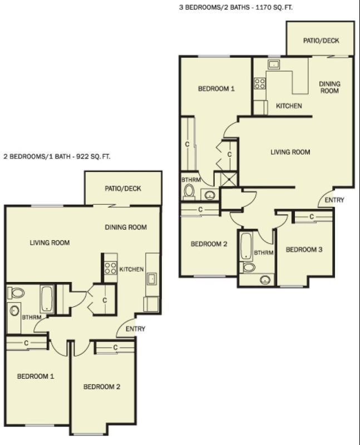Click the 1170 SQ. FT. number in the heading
click(x=274, y=8)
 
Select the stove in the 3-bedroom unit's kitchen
click(x=260, y=83)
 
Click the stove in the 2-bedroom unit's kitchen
click(x=110, y=268)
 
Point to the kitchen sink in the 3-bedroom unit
click(x=273, y=65)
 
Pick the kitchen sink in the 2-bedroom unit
click(x=151, y=279)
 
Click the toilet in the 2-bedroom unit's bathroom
click(x=16, y=293)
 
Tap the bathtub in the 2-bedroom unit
click(x=47, y=299)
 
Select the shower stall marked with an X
click(x=229, y=179)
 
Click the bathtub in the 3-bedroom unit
click(x=246, y=246)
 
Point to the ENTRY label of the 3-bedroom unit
click(x=334, y=200)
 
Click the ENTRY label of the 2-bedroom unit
click(x=135, y=329)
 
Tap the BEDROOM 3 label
click(x=304, y=250)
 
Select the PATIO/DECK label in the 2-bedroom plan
click(x=123, y=189)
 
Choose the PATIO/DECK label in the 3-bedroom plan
click(x=321, y=41)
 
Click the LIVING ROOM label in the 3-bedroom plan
click(x=290, y=152)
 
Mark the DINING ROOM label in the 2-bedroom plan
click(x=126, y=227)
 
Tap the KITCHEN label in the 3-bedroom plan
click(x=289, y=106)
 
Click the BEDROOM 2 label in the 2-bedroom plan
click(x=102, y=387)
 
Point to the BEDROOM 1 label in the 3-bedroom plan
click(x=216, y=89)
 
